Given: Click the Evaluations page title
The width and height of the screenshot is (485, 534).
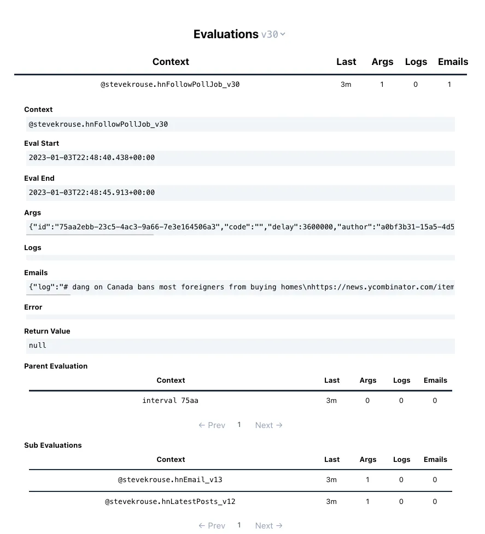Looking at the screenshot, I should point(225,34).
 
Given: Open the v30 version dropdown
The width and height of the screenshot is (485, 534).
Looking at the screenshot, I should point(273,34).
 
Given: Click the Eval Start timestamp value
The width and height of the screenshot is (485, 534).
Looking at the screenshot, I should point(92,158).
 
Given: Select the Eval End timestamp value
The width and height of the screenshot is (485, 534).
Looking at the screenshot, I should point(92,193).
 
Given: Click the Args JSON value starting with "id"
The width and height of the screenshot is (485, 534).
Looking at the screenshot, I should point(241,227).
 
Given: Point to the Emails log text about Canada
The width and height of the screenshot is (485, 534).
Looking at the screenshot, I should point(241,287).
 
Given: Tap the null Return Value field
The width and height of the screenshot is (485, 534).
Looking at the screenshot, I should point(38,346).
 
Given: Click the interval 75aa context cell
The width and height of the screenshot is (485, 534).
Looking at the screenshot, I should point(171,401).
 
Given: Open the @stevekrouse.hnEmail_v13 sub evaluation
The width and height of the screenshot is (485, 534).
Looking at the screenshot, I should point(171,480).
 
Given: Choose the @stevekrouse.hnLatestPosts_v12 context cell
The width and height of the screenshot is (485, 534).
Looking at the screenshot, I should point(171,501).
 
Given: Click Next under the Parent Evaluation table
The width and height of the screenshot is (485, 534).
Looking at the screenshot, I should point(268,425).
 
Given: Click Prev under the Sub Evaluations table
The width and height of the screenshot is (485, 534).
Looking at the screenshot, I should point(212,525).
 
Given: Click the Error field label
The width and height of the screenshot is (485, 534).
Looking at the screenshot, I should point(33,307).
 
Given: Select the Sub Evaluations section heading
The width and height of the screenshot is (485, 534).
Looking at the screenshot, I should point(53,446).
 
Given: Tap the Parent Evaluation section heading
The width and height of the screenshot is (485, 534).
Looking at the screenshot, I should point(56,366).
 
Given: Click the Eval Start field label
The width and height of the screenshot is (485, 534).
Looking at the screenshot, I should point(42,144).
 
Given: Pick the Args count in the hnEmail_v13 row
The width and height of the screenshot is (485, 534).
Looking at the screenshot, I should point(367,480).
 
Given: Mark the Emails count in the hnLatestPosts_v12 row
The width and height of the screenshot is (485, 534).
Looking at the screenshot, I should point(435,501).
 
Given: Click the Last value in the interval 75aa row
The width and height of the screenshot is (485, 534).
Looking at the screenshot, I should point(331,401).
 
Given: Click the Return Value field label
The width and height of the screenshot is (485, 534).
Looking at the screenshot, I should point(47,331).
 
